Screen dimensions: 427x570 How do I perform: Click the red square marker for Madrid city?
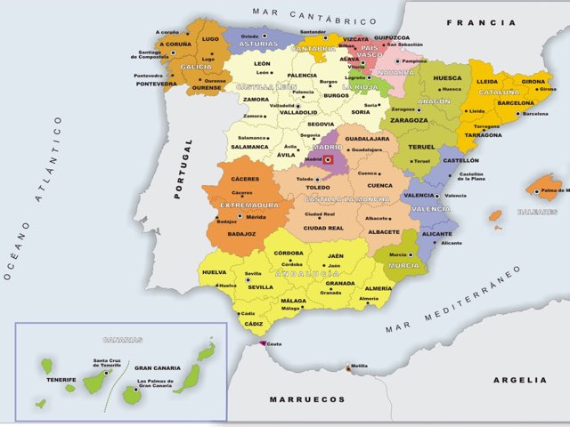(327, 159)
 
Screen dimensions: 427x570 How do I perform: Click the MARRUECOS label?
(307, 399)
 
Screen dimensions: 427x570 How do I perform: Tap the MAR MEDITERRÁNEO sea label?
(452, 301)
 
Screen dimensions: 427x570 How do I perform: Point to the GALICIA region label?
(197, 67)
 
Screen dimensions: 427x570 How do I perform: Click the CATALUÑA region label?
(500, 92)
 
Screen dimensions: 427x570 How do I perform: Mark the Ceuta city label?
(275, 343)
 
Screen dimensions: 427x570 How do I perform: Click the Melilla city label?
(359, 366)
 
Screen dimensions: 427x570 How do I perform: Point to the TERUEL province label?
(420, 147)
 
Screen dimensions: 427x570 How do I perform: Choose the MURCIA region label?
(403, 265)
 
